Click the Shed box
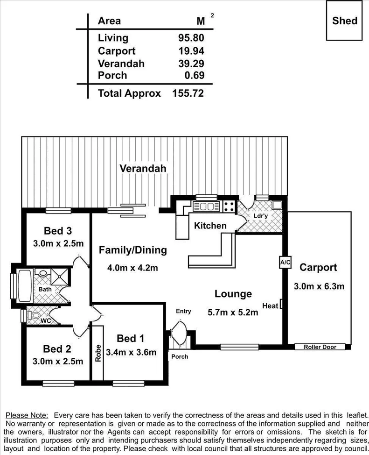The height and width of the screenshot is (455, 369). [x=345, y=21]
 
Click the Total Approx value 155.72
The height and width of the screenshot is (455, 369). [x=188, y=93]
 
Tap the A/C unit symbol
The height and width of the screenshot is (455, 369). [x=285, y=263]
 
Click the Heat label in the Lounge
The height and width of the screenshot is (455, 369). [x=270, y=306]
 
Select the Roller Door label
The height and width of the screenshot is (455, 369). [x=320, y=347]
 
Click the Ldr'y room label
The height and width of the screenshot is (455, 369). [x=260, y=216]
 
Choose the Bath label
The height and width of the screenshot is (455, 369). [x=51, y=289]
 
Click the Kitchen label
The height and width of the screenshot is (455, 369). [x=210, y=226]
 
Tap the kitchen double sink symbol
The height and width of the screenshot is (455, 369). [x=206, y=206]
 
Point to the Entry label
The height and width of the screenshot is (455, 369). [x=183, y=311]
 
